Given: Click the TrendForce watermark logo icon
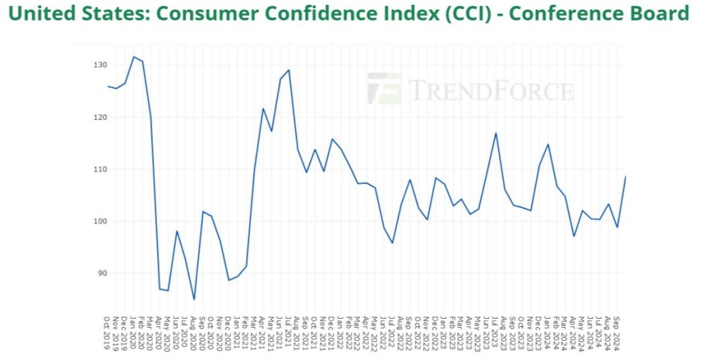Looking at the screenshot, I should [384, 89].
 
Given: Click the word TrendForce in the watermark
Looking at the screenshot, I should [491, 90].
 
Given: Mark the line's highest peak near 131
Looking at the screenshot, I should [134, 57].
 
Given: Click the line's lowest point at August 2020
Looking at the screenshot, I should [194, 299].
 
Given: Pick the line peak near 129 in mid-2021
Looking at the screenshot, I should [289, 70].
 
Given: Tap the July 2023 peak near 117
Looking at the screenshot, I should [496, 133].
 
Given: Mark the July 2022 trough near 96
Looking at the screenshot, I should [392, 243].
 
